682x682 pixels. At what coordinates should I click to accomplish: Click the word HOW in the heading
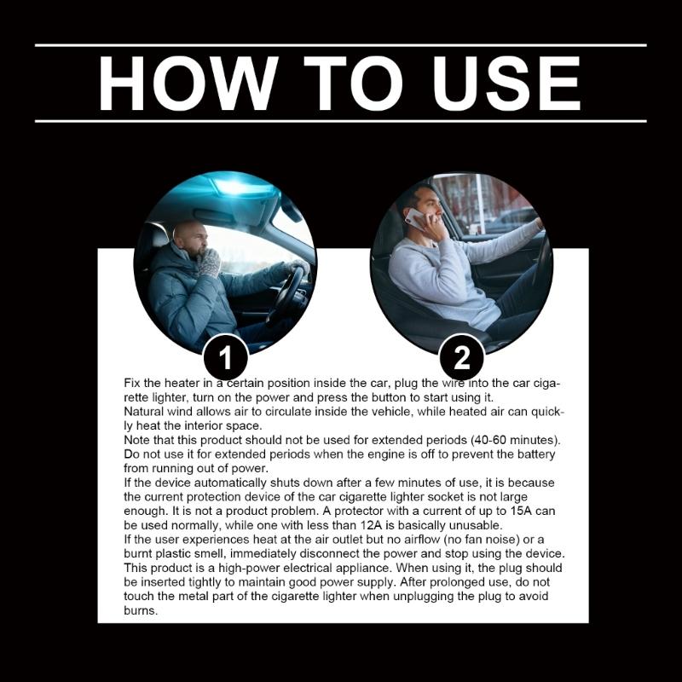[x=188, y=83]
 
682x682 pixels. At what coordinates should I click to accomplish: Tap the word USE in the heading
[x=506, y=83]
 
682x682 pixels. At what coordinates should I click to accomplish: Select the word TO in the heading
[x=353, y=83]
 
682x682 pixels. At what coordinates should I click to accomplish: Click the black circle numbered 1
[x=226, y=357]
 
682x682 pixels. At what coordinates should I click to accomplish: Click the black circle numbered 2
[x=462, y=357]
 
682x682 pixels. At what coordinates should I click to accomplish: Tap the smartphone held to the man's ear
[x=416, y=218]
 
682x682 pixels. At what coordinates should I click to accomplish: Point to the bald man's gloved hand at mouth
[x=208, y=263]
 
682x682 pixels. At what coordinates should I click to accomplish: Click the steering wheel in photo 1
[x=287, y=292]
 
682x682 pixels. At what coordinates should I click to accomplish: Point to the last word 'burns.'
[x=141, y=610]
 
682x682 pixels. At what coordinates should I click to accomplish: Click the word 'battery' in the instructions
[x=536, y=454]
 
